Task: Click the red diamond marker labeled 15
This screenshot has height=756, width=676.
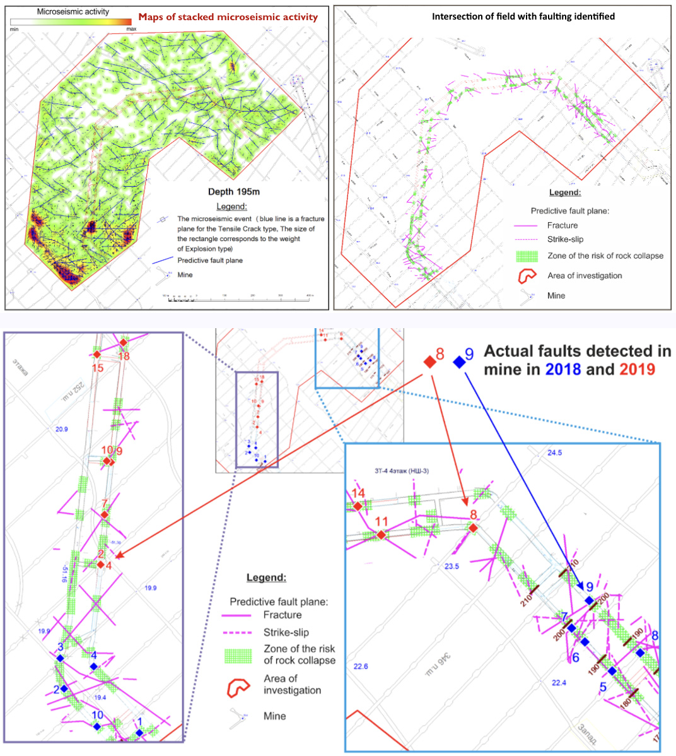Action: [x=97, y=355]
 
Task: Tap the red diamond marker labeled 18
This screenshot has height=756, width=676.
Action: [x=124, y=343]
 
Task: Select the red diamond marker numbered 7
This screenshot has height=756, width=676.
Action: [x=105, y=516]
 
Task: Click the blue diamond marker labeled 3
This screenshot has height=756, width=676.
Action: [x=60, y=658]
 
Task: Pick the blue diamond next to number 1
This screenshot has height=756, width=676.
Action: [x=139, y=733]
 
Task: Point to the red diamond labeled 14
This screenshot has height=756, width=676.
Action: [x=358, y=506]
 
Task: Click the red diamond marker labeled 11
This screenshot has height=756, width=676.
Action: [x=382, y=535]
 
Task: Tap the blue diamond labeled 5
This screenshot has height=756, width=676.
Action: [x=612, y=671]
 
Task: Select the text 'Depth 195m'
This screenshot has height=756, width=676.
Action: [x=234, y=192]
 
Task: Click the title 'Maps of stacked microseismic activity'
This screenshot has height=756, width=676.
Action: [x=228, y=17]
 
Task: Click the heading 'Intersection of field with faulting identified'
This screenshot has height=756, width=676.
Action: [x=523, y=16]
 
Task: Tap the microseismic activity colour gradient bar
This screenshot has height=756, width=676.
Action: [x=71, y=21]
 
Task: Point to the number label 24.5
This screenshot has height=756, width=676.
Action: [x=554, y=453]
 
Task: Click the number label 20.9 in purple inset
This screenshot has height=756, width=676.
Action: [x=61, y=429]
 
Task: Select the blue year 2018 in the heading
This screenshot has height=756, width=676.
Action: [x=564, y=370]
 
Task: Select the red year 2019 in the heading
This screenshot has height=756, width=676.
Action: [x=637, y=370]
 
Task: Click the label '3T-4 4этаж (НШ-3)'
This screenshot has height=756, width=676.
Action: [x=402, y=471]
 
